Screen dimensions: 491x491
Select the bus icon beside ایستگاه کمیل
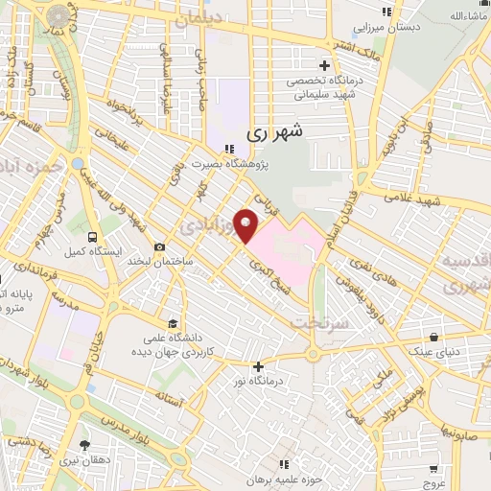pyautogui.click(x=91, y=236)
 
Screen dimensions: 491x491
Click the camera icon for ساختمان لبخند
pyautogui.click(x=159, y=247)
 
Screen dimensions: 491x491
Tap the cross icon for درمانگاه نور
pyautogui.click(x=257, y=365)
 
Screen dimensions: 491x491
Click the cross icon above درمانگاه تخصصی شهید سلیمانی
pyautogui.click(x=325, y=66)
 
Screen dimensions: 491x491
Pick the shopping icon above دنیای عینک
pyautogui.click(x=435, y=338)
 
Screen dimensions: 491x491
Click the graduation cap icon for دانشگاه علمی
pyautogui.click(x=172, y=322)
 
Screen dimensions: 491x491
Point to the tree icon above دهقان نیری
pyautogui.click(x=85, y=444)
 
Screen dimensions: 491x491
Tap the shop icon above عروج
pyautogui.click(x=437, y=470)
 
